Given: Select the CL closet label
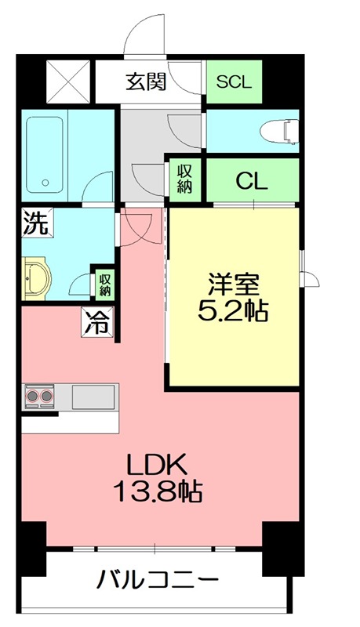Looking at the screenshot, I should [x=252, y=182].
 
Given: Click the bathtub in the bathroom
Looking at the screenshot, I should [x=46, y=154].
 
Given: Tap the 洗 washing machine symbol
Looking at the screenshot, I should [x=35, y=223].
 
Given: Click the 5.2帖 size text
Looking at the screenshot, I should [x=233, y=311].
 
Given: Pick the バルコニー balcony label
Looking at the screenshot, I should [x=157, y=581].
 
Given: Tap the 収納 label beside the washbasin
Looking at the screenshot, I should [x=104, y=283].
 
